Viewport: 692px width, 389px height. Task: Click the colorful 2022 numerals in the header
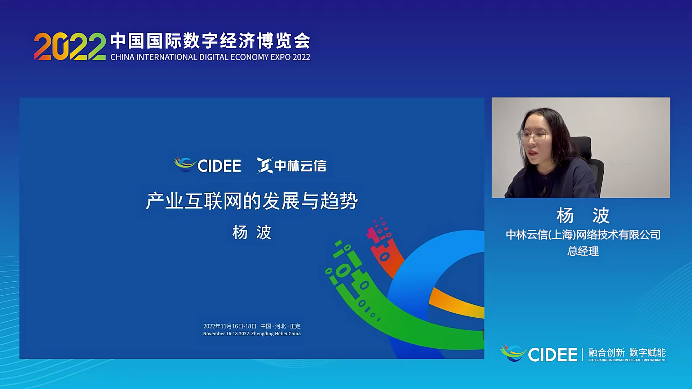click(x=70, y=46)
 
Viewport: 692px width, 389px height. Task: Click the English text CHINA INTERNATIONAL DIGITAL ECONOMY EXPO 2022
click(x=210, y=57)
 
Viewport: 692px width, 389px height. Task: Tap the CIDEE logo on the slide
click(x=208, y=165)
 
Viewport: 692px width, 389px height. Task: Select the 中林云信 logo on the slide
click(x=292, y=165)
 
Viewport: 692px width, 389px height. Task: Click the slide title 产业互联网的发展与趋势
click(x=252, y=201)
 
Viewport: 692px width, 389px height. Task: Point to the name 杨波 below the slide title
click(x=252, y=232)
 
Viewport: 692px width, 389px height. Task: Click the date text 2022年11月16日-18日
click(x=230, y=326)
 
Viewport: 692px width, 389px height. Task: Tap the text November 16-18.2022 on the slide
click(x=226, y=334)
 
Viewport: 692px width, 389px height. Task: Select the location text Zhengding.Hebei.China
click(x=276, y=334)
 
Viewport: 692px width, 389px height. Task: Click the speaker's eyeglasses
click(x=533, y=136)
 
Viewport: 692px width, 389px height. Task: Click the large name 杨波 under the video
click(x=583, y=215)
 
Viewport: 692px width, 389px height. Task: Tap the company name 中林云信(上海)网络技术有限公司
click(x=583, y=235)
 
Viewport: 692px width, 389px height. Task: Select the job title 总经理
click(x=583, y=251)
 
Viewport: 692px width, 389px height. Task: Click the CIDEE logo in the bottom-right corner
click(x=539, y=354)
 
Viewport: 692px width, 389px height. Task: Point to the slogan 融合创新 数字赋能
click(x=627, y=352)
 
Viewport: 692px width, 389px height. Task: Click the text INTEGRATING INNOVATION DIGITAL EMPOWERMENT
click(x=627, y=360)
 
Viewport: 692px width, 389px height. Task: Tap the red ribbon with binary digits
click(x=384, y=249)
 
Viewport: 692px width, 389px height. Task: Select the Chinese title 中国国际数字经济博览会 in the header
click(x=210, y=41)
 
